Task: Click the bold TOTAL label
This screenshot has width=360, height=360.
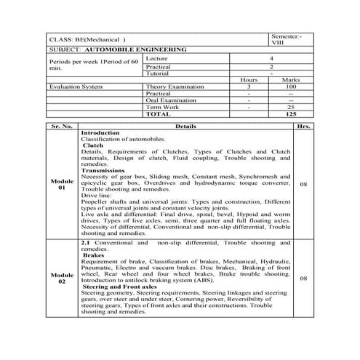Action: [x=158, y=114]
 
